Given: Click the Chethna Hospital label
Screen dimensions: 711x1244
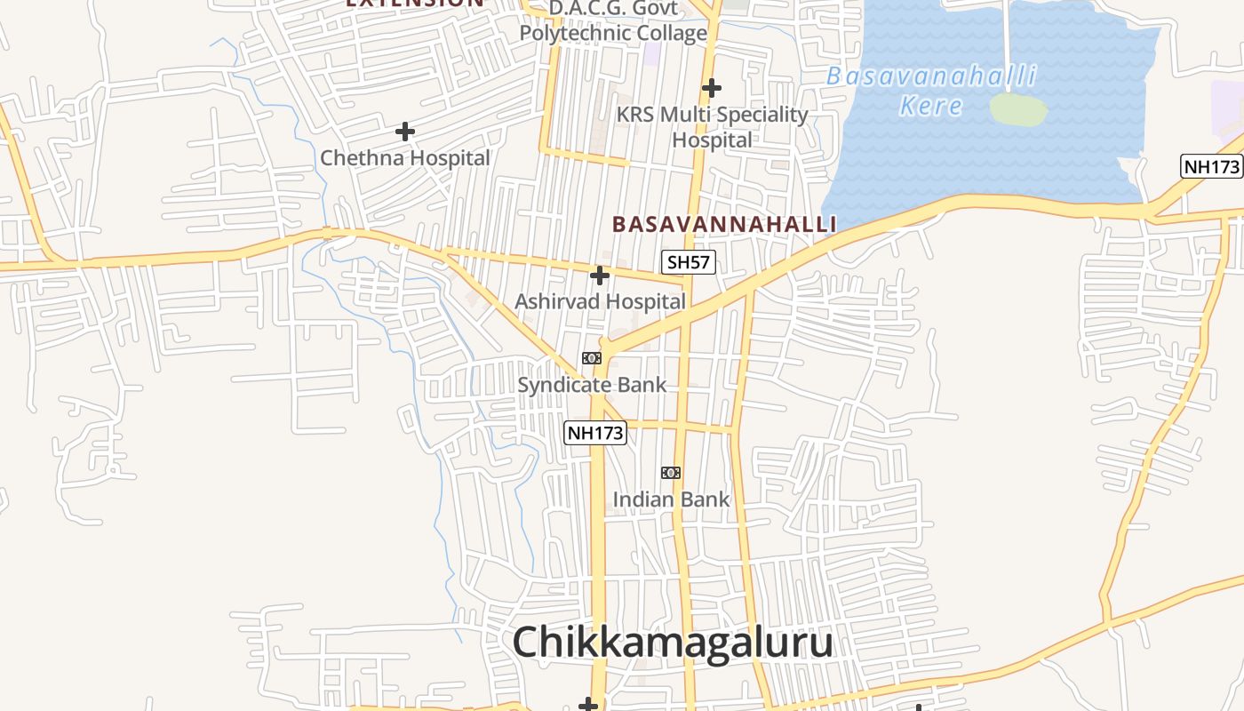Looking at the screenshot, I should click(x=404, y=158).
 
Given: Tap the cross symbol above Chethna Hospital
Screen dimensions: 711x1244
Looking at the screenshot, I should click(x=405, y=132).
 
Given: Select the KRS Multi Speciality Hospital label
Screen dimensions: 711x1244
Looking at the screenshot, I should click(x=712, y=127).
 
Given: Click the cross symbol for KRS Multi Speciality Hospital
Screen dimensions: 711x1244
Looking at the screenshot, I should click(x=711, y=88).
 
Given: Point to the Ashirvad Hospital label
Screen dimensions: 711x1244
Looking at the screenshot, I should click(x=600, y=301).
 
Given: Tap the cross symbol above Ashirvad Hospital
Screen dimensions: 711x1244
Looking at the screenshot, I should click(x=600, y=276).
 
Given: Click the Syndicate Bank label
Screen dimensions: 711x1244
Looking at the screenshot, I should click(x=592, y=385).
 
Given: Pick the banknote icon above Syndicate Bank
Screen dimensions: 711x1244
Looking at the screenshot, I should click(x=592, y=358).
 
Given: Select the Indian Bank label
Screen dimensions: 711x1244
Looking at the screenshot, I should click(x=671, y=499).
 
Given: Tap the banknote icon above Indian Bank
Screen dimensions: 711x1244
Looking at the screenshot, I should click(x=671, y=473).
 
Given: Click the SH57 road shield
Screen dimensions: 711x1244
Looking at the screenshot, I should click(x=689, y=262).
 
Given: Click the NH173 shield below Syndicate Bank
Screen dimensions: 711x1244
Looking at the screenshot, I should click(x=595, y=433).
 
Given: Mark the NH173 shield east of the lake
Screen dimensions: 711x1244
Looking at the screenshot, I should click(x=1210, y=166).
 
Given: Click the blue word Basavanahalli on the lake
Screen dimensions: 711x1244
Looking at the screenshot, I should click(x=930, y=76).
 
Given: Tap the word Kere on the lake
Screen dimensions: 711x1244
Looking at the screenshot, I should click(x=930, y=106).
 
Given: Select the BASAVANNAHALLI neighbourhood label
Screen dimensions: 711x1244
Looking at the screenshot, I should click(x=724, y=224).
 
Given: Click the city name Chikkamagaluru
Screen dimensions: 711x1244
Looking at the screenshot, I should click(x=673, y=643).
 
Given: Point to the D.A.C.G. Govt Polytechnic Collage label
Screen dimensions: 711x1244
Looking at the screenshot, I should click(x=613, y=21).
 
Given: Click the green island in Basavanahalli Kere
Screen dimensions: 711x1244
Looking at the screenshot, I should click(x=1017, y=108).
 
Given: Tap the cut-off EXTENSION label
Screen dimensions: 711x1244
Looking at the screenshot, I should click(x=415, y=4).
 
